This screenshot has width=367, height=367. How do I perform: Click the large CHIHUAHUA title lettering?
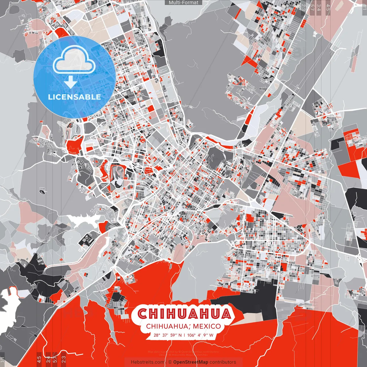pos(184,314)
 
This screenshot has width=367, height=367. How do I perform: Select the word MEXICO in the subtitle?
pos(207,326)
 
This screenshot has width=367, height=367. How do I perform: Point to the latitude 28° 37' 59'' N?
pos(167,335)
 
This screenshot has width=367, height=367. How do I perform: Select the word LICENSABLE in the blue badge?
pos(75,97)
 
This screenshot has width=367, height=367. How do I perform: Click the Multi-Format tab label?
pos(183,3)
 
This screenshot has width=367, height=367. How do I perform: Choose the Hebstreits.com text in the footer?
pos(148,362)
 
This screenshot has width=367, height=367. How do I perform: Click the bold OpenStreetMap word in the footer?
pos(191,362)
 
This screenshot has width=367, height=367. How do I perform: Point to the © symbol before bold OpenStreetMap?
pos(170,362)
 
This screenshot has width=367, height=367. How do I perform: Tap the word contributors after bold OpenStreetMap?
pos(223,362)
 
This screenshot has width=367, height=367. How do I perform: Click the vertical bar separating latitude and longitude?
pos(185,335)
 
